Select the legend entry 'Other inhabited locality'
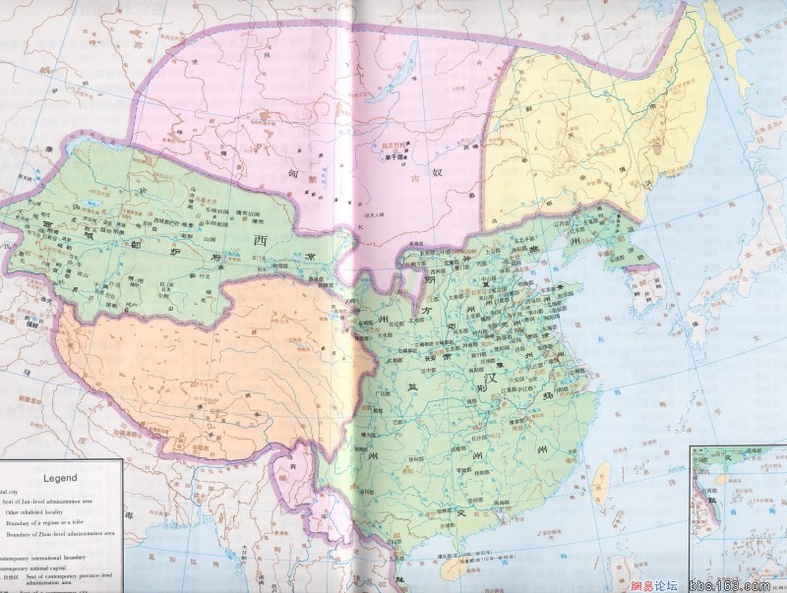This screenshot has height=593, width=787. click(39, 512)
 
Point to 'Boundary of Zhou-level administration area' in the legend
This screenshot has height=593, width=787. click(59, 535)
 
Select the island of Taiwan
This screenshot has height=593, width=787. click(605, 481)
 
